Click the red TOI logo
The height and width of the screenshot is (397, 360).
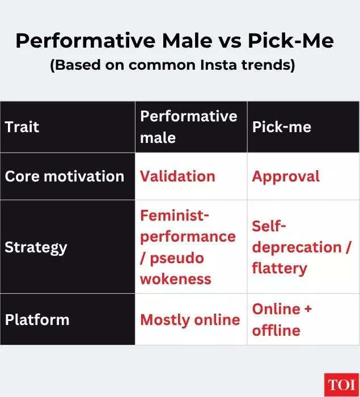tap(340, 385)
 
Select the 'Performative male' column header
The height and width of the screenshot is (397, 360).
tap(188, 126)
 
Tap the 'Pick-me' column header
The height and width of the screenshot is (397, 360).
tap(282, 126)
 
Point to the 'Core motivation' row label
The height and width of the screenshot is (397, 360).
tap(64, 176)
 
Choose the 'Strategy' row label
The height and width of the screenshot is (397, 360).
tap(36, 247)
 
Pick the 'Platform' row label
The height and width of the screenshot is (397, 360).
tap(37, 319)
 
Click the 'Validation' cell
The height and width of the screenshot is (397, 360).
tap(177, 176)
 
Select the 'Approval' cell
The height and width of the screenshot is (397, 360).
tap(286, 176)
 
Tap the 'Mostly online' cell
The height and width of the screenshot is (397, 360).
tap(190, 319)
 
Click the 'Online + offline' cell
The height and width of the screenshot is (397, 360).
tap(282, 319)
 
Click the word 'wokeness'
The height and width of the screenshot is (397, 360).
tap(176, 278)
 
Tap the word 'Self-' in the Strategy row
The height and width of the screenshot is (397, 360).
tap(270, 226)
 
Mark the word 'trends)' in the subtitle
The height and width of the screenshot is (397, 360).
tap(270, 65)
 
